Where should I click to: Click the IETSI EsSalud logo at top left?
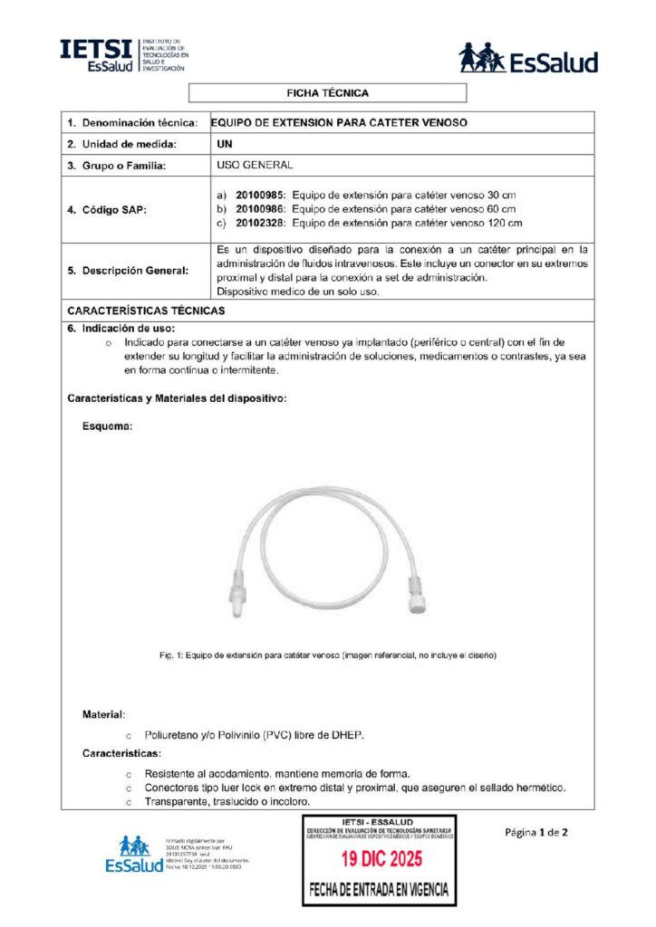coord(124,56)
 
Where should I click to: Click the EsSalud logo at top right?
coord(528,59)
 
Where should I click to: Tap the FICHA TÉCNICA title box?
coord(327,93)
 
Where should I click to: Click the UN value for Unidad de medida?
coord(226,144)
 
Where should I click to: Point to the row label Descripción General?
coord(128,270)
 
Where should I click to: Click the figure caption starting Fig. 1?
coord(327,654)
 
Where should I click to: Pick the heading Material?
coord(104,714)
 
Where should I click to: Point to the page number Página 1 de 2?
coord(535,832)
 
